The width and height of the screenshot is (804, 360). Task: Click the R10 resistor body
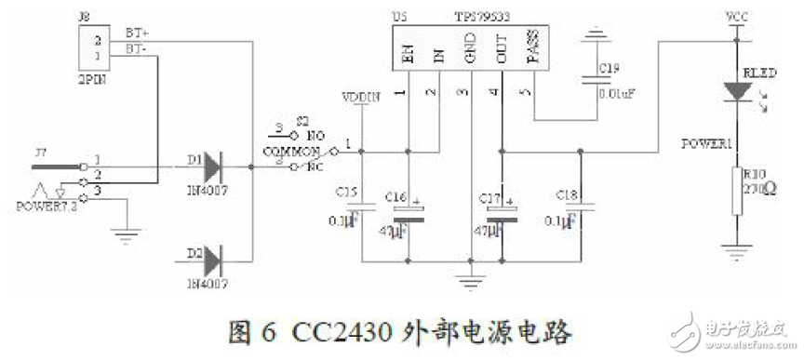(736, 190)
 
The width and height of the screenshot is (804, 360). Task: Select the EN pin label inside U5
(407, 54)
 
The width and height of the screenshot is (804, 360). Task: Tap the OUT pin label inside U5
(502, 53)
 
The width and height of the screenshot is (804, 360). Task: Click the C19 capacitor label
(609, 69)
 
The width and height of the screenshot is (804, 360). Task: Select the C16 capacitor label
(396, 198)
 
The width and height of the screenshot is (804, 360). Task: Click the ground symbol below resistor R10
(736, 247)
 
